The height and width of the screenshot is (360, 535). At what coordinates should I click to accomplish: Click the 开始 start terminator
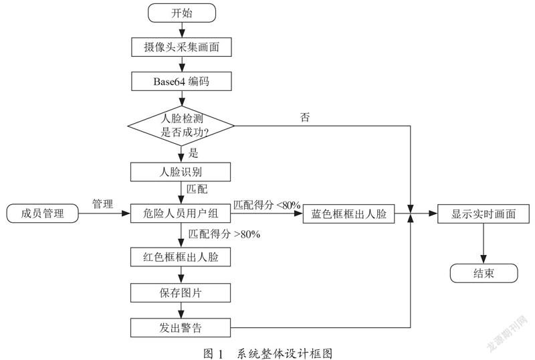[182, 13]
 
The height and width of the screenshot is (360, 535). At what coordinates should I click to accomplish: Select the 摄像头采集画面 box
[181, 47]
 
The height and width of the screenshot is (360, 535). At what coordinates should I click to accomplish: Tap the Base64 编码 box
[181, 81]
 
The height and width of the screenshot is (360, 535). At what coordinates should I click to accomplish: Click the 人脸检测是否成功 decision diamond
[181, 126]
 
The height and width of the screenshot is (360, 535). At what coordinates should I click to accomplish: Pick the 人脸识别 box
[181, 172]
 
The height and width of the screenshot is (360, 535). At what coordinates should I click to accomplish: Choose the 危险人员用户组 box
[181, 213]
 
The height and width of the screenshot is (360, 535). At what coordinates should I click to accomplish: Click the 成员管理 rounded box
[42, 213]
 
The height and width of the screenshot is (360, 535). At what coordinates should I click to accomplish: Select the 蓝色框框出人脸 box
[348, 214]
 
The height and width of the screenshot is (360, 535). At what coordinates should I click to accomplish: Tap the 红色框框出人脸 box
[181, 257]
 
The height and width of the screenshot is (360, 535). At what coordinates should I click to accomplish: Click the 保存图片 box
[181, 292]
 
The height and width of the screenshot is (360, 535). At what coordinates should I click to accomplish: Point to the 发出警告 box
[181, 328]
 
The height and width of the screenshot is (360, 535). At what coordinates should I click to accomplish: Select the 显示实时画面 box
[484, 214]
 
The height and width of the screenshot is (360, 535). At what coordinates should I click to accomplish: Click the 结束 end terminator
[484, 273]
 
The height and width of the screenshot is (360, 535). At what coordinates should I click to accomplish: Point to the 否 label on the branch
[305, 117]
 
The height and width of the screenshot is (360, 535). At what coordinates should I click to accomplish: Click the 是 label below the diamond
[193, 153]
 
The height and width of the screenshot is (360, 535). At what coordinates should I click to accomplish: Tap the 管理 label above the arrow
[103, 204]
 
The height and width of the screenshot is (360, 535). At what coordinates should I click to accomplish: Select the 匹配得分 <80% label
[267, 205]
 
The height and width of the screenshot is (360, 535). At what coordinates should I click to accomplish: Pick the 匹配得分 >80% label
[224, 234]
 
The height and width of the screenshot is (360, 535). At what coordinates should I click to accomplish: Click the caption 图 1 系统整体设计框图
[268, 353]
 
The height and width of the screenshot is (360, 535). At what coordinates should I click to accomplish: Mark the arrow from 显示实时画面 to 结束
[484, 244]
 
